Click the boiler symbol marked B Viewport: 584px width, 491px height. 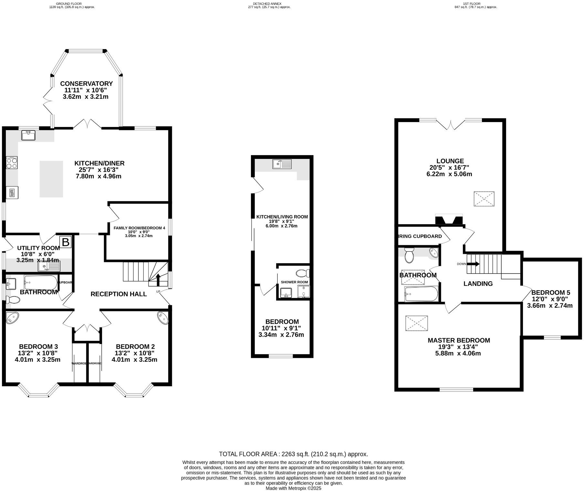pos(66,242)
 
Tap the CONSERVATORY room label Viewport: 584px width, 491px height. pos(86,84)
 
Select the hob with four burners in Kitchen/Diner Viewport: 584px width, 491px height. pos(12,162)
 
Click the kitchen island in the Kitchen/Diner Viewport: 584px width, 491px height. pos(51,179)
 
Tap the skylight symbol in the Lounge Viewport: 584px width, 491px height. pos(484,199)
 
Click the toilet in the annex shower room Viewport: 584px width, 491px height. pos(303,273)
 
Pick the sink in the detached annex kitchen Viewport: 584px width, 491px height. pos(282,164)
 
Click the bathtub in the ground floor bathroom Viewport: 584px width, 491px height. pos(41,283)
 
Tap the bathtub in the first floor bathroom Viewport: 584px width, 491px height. pos(421,294)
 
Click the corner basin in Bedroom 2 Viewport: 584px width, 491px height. pos(163,318)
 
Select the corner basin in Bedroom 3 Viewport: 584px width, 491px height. pos(13,318)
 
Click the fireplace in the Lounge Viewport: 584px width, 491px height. pos(449,220)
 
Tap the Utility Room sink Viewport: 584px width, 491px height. pos(49,266)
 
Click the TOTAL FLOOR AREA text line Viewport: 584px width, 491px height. pos(293,454)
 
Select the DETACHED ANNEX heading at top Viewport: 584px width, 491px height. pos(267,4)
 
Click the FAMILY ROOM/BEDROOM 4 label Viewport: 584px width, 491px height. pos(139,228)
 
